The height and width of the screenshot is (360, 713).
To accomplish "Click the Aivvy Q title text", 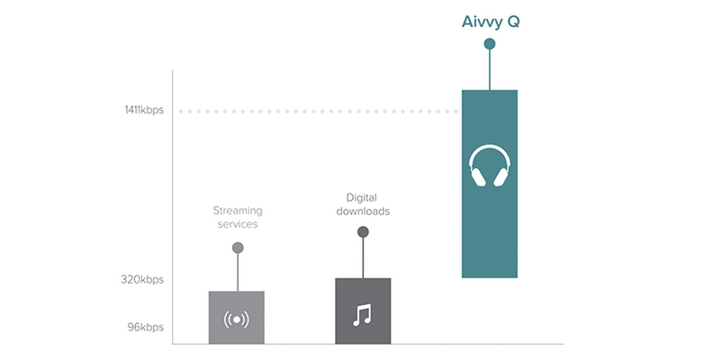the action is tap(490, 22).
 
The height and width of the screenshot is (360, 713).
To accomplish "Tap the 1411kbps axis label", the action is tap(144, 111).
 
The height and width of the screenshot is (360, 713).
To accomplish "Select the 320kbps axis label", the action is tap(142, 280).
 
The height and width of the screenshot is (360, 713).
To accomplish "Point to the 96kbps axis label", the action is tap(146, 328).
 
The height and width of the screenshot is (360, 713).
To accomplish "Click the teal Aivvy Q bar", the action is tap(490, 184).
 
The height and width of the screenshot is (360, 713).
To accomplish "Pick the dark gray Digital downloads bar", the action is tap(363, 310).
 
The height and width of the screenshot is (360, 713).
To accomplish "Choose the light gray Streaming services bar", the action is tap(237, 318).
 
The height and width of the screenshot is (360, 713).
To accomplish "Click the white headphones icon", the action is tap(490, 166).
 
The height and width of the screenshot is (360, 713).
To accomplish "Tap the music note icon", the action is tap(363, 315).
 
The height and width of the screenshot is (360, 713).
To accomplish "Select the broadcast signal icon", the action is tap(237, 319).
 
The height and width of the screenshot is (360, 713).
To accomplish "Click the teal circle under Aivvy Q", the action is tap(490, 44).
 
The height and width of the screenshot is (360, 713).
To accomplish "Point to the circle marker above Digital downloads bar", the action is tap(363, 232).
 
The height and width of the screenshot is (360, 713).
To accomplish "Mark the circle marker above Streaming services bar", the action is tap(238, 247).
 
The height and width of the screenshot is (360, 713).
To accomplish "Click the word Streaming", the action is tap(238, 211).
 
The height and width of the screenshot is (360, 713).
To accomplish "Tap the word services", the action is tap(238, 224).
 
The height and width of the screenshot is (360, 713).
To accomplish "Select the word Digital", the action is tap(362, 198).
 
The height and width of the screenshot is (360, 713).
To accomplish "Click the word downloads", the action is tap(363, 211).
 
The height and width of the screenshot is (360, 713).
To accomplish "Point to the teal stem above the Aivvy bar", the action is tap(490, 69).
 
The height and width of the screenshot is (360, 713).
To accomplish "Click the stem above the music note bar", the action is tap(363, 257).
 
